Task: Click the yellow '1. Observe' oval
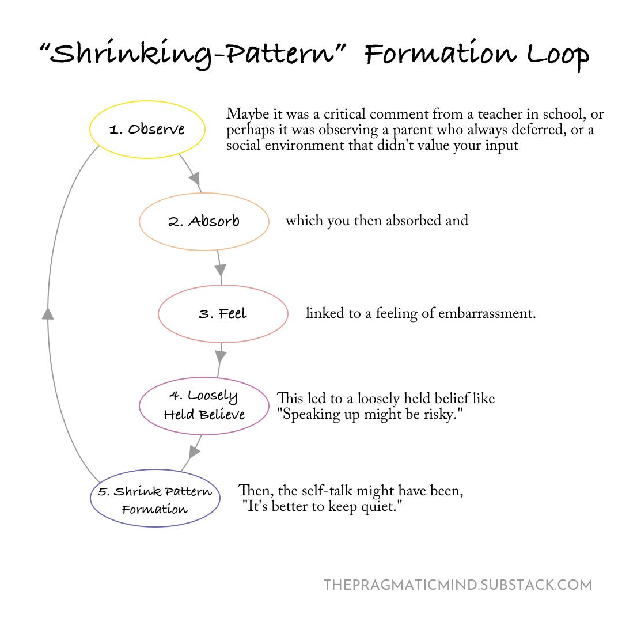[147, 129]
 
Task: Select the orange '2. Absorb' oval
[204, 221]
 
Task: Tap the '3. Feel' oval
[223, 314]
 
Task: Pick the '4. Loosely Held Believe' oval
[204, 406]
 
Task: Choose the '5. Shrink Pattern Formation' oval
[155, 499]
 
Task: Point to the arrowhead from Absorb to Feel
[219, 269]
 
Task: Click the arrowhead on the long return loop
[48, 313]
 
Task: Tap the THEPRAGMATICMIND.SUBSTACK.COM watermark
[457, 585]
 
